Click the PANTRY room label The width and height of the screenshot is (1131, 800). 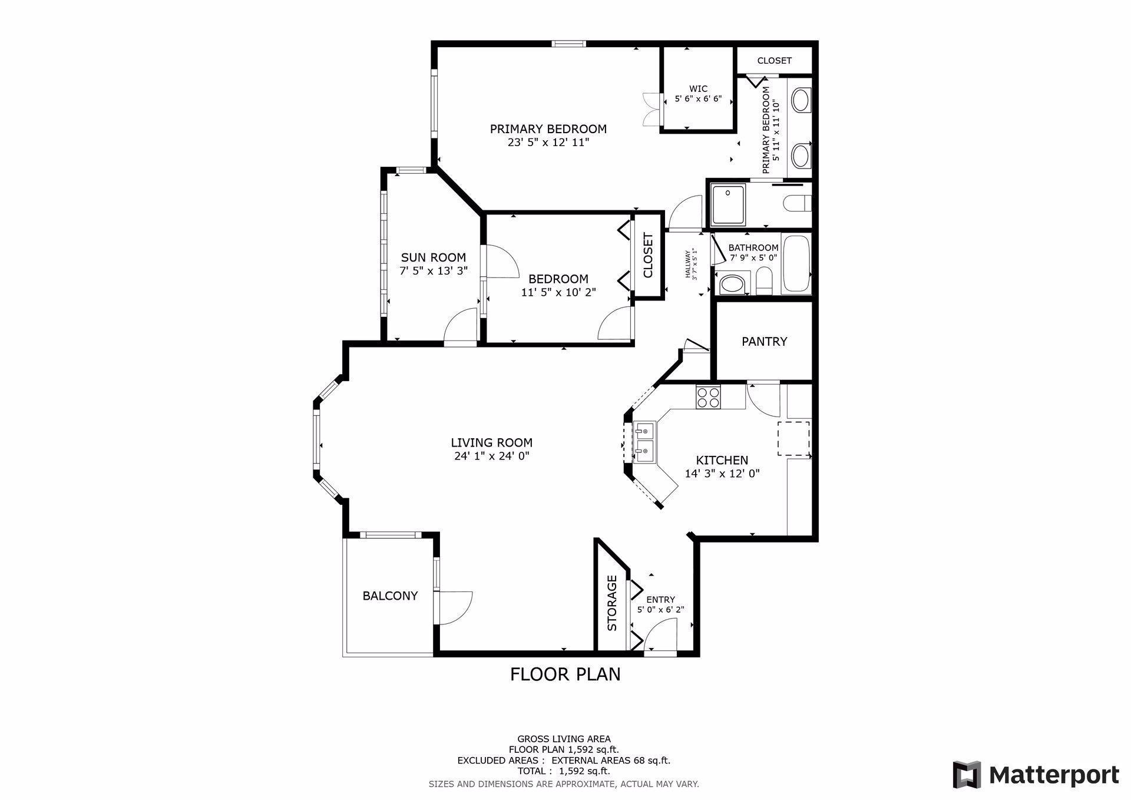coord(764,342)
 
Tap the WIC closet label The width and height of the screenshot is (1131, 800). coord(698,89)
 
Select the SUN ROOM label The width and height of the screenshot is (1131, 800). coord(433,257)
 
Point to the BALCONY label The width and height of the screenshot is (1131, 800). coord(390,596)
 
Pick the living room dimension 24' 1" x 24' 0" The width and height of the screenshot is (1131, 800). coord(492,456)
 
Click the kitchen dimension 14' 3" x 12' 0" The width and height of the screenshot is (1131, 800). coord(722,473)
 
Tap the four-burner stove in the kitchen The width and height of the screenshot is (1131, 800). coord(708,396)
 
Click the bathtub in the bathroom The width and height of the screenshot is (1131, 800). coord(796,264)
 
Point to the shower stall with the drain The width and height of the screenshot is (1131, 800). coord(729,204)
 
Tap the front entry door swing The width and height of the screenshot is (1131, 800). coord(660,635)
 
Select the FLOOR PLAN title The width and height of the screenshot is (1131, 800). coord(565,674)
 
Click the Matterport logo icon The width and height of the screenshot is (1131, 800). coord(967,774)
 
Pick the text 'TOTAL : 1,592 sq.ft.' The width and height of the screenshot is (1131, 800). coord(564,771)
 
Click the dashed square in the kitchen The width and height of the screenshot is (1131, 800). coord(793,438)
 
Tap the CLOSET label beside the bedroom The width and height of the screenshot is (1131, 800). coord(648,255)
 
